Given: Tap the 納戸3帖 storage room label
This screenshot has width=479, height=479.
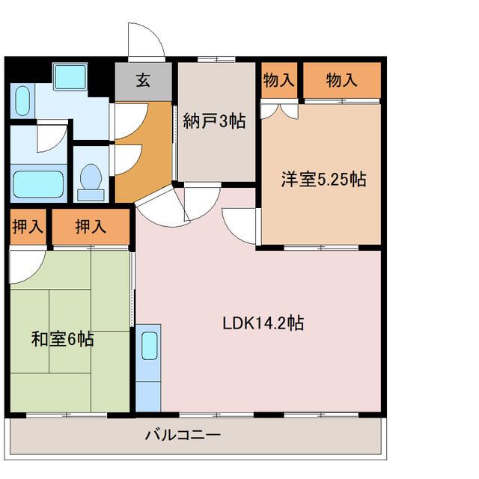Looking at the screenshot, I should [215, 121].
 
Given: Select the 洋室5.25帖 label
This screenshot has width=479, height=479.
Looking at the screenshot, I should [323, 180].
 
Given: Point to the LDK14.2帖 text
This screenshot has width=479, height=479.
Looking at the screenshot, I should [262, 323].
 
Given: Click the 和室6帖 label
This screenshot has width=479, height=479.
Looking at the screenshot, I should [62, 339].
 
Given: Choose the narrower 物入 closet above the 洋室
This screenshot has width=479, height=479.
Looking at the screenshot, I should [278, 81].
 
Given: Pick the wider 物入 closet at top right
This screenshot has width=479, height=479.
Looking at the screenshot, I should [341, 81].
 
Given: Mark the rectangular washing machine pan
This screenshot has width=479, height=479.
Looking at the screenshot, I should [71, 76].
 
